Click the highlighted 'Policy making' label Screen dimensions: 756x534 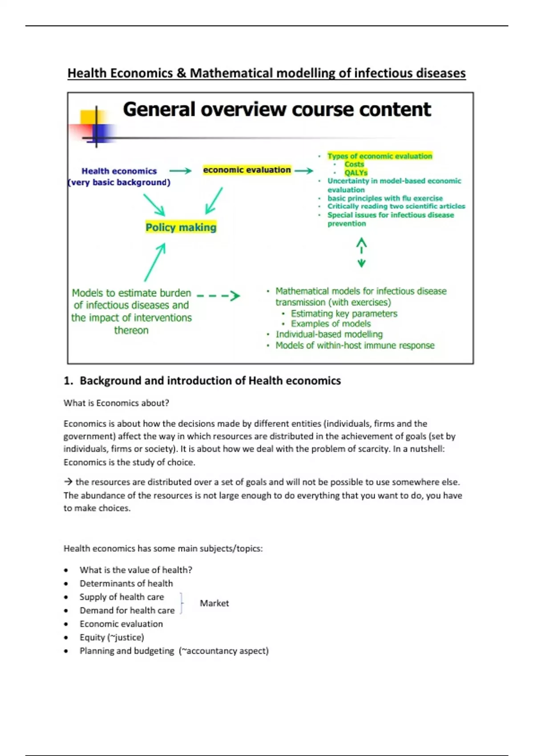pyautogui.click(x=181, y=227)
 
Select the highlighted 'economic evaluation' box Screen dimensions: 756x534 pyautogui.click(x=247, y=170)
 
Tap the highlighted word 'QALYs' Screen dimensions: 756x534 pyautogui.click(x=356, y=173)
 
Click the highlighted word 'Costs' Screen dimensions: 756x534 pyautogui.click(x=354, y=164)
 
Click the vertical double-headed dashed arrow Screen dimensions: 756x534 pyautogui.click(x=361, y=253)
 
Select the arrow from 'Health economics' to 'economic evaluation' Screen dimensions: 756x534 pyautogui.click(x=180, y=171)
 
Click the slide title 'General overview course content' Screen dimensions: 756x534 pyautogui.click(x=277, y=109)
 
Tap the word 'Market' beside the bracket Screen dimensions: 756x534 pyautogui.click(x=214, y=603)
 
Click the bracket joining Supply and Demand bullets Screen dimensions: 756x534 pyautogui.click(x=182, y=603)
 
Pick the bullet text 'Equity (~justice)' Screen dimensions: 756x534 pyautogui.click(x=112, y=637)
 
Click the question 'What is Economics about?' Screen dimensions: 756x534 pyautogui.click(x=116, y=403)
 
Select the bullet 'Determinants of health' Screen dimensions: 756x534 pyautogui.click(x=126, y=583)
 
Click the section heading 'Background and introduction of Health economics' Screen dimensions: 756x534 pyautogui.click(x=210, y=381)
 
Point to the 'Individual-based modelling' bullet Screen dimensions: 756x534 pyautogui.click(x=329, y=334)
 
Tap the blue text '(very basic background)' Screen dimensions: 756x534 pyautogui.click(x=119, y=182)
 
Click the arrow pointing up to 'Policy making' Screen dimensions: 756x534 pyautogui.click(x=155, y=262)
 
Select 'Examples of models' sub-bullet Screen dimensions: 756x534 pyautogui.click(x=331, y=324)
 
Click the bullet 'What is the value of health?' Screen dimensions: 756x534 pyautogui.click(x=136, y=570)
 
